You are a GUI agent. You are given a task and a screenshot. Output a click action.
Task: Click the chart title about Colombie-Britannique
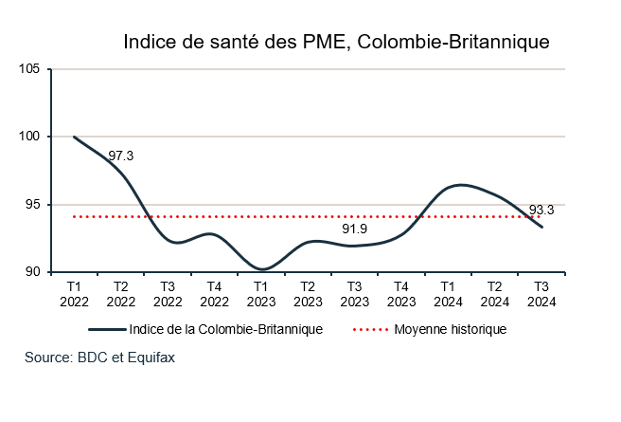click(x=336, y=43)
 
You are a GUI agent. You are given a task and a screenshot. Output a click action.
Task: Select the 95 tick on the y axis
click(x=31, y=205)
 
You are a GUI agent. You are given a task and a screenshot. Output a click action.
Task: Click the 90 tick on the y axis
click(x=31, y=272)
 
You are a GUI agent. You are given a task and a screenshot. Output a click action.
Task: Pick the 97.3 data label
click(x=121, y=156)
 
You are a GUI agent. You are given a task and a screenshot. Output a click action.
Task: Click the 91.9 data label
click(x=355, y=229)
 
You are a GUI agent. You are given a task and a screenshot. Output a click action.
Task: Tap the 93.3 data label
click(x=541, y=211)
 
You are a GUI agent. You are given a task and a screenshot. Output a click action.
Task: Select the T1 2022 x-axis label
click(x=75, y=293)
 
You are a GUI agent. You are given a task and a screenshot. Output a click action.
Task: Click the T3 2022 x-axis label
click(x=168, y=293)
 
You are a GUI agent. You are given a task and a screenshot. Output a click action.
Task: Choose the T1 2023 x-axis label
click(x=261, y=293)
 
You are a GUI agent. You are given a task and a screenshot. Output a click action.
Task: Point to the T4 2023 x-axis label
click(x=401, y=293)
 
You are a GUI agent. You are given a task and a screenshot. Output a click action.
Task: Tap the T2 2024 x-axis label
click(x=495, y=293)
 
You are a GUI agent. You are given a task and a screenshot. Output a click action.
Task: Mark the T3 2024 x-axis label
click(x=541, y=293)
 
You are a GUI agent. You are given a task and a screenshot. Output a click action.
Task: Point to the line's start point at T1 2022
click(x=75, y=137)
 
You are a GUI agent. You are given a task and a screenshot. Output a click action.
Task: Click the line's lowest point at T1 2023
click(x=261, y=269)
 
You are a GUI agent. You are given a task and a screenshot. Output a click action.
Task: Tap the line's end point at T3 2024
click(x=541, y=227)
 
